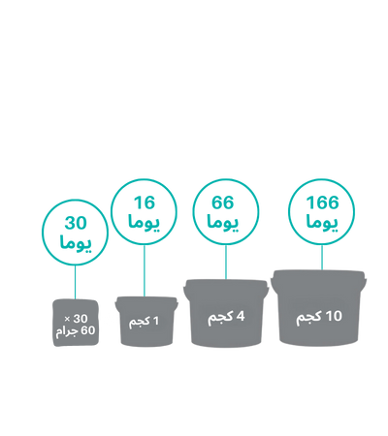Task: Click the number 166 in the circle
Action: (x=322, y=202)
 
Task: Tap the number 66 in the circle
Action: (x=223, y=202)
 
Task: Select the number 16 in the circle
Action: (x=145, y=202)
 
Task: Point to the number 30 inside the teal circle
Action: (x=76, y=223)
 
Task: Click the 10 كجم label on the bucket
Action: (x=319, y=317)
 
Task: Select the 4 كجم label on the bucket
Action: (x=226, y=317)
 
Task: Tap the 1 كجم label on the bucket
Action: (x=145, y=322)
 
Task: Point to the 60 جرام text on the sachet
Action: (x=76, y=331)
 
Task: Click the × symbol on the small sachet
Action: (x=67, y=319)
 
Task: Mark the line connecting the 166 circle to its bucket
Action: (x=322, y=258)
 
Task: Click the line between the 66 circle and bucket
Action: (x=226, y=262)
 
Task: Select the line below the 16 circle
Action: (x=145, y=270)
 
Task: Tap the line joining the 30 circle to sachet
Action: (x=75, y=282)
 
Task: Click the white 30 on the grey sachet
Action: (x=81, y=319)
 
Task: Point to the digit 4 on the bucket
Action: (x=241, y=316)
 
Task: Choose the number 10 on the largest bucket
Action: (x=334, y=317)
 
